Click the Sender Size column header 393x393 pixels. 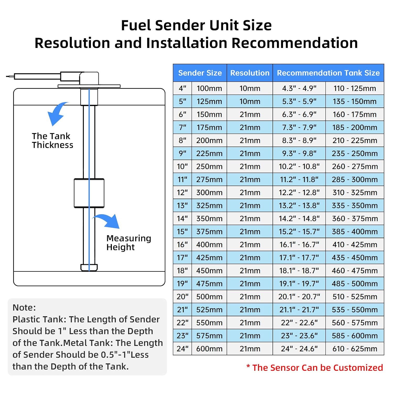[200, 73]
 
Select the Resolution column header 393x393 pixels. [250, 73]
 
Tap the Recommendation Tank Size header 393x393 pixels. [328, 73]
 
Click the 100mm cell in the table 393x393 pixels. [209, 88]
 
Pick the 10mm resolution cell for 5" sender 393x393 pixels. [250, 101]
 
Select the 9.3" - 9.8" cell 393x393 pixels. [299, 153]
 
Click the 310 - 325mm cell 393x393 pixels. [355, 193]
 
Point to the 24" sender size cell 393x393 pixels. [182, 349]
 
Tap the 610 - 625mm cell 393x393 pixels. [355, 349]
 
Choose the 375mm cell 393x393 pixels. [209, 232]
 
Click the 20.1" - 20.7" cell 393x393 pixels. [299, 297]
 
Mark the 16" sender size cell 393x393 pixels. [182, 244]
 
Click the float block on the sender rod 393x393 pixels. [89, 193]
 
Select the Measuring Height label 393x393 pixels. [129, 243]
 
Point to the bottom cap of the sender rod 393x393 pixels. [89, 268]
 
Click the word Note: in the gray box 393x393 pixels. [24, 307]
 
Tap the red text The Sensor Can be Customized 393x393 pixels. [315, 368]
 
